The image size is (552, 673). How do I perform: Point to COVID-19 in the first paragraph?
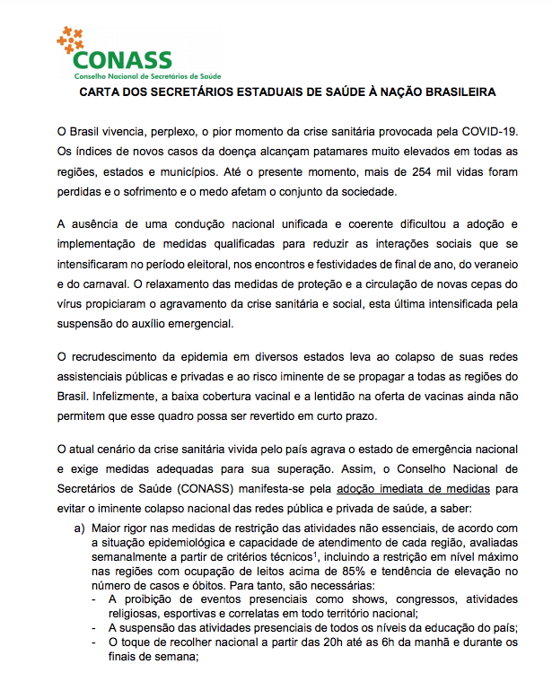[488, 132]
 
